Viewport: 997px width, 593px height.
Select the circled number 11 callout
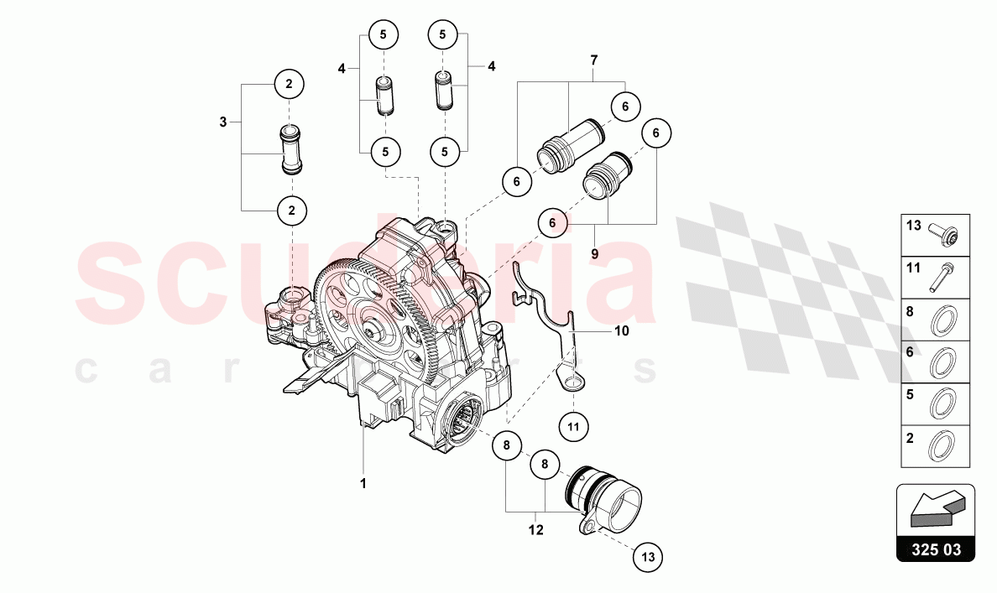[573, 426]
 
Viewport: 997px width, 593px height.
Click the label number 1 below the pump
[363, 484]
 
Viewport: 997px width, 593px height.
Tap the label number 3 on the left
[223, 122]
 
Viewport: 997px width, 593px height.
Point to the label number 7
[593, 60]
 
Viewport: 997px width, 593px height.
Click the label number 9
[593, 253]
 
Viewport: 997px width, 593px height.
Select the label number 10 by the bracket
[621, 331]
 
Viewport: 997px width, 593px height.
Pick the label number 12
[536, 530]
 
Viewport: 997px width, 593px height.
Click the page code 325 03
[936, 550]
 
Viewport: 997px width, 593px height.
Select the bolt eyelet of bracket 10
[572, 384]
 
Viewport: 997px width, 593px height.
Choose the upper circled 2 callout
[290, 84]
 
